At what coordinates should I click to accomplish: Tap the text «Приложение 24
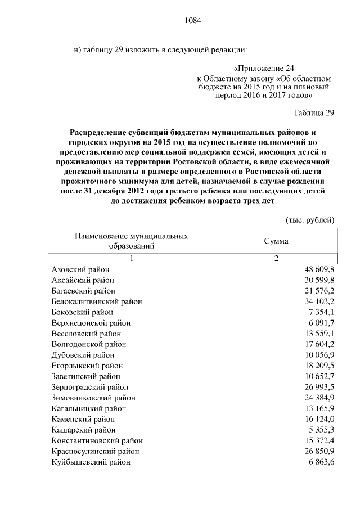(264, 69)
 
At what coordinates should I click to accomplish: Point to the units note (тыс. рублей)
(310, 219)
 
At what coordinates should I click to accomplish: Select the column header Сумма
(276, 241)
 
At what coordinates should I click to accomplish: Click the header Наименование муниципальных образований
(132, 241)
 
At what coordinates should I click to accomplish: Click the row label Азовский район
(80, 269)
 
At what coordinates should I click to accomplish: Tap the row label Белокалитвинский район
(96, 301)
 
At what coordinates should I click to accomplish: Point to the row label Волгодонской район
(89, 344)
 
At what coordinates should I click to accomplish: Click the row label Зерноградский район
(90, 387)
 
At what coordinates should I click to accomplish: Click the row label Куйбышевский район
(91, 462)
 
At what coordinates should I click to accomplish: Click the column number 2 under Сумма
(276, 258)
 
